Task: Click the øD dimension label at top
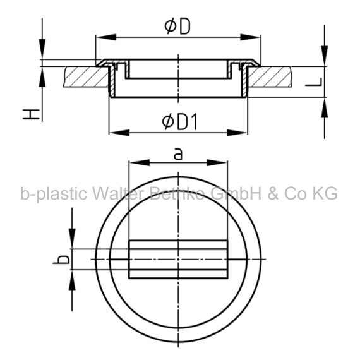coord(177,27)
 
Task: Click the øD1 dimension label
coord(179,122)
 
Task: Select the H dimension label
coord(31,114)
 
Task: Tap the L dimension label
coord(314,82)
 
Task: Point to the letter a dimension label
coord(178,154)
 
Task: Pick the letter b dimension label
coord(61,260)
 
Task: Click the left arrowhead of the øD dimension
coord(106,37)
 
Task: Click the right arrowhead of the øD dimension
coord(250,37)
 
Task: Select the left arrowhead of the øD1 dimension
coord(119,133)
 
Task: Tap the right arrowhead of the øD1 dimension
coord(237,133)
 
